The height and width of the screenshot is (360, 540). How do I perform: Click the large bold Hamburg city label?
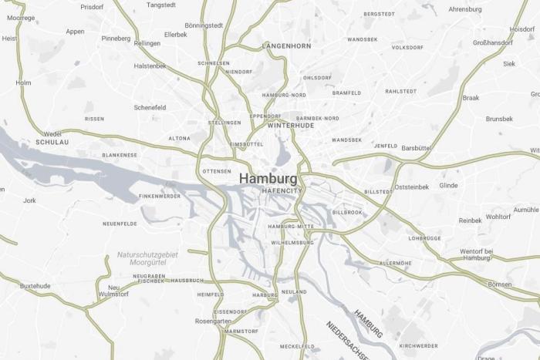[x=268, y=178]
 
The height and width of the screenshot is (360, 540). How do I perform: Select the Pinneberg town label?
[x=116, y=38]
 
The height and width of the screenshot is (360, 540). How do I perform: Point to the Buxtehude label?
[x=35, y=286]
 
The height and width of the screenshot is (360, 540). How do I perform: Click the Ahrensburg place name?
[x=465, y=9]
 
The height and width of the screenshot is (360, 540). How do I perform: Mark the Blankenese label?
[x=120, y=155]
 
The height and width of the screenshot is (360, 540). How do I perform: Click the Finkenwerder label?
[x=160, y=196]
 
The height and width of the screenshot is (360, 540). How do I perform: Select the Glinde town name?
[x=448, y=186]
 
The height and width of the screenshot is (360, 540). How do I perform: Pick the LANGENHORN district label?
[x=287, y=46]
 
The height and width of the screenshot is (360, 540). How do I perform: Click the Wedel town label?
[x=52, y=133]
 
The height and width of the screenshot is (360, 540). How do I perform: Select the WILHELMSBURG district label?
[x=292, y=243]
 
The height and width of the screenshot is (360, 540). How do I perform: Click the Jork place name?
[x=29, y=200]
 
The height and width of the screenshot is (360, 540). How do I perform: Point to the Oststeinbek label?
[x=411, y=187]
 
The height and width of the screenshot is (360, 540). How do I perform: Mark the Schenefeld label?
[x=150, y=107]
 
